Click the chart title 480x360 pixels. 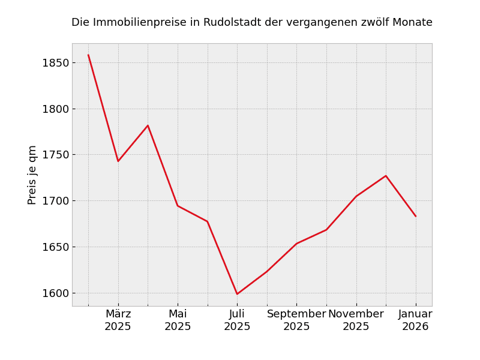point(251,23)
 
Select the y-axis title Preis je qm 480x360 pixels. point(32,175)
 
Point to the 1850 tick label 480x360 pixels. point(55,63)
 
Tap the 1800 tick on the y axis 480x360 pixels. point(55,109)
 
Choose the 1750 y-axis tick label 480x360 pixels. point(55,155)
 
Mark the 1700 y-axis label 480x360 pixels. point(55,201)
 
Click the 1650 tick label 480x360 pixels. point(55,247)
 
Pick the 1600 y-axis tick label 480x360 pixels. point(55,293)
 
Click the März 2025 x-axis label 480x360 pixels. point(118,320)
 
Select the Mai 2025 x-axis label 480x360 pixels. point(178,320)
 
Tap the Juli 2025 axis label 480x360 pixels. point(237,320)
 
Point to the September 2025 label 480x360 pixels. point(296,320)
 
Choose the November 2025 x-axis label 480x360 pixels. point(356,320)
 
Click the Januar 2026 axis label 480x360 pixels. point(415,320)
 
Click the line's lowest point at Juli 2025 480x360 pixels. point(237,294)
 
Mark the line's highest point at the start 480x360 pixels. point(88,55)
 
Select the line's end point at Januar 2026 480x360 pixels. point(415,216)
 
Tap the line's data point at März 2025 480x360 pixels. point(118,161)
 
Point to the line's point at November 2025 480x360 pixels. point(356,196)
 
